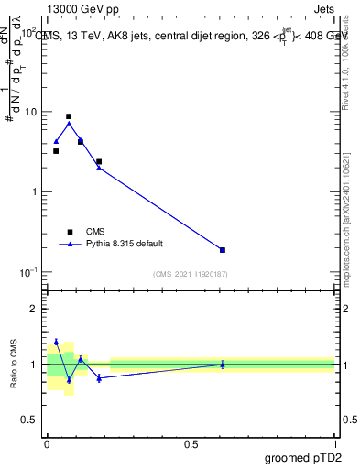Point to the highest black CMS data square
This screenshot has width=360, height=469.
click(69, 116)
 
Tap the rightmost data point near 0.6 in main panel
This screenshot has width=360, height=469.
click(223, 250)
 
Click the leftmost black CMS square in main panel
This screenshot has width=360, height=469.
click(56, 151)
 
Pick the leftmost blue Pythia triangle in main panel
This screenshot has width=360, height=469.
click(56, 141)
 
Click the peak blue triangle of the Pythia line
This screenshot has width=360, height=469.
click(69, 124)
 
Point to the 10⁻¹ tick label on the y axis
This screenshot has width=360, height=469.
click(29, 272)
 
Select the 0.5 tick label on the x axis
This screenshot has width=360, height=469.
click(191, 444)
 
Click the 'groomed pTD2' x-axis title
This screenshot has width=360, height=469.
click(304, 457)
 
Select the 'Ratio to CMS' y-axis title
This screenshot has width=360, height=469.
click(13, 365)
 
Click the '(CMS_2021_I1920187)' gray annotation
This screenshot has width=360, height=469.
click(191, 274)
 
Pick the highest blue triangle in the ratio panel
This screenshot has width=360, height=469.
click(56, 342)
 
